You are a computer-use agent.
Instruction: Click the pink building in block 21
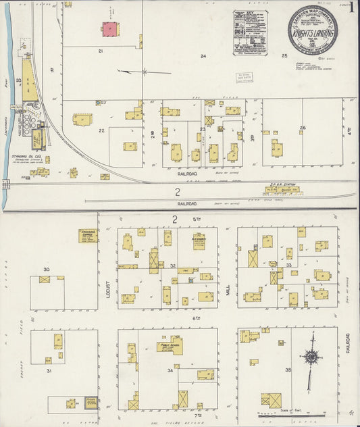click(109, 30)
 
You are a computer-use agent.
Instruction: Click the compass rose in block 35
click(311, 357)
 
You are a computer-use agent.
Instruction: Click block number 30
click(46, 270)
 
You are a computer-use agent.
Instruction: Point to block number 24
click(202, 57)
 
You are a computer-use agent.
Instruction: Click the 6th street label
click(179, 318)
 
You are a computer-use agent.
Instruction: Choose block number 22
click(101, 130)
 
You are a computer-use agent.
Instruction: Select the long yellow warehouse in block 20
click(28, 81)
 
